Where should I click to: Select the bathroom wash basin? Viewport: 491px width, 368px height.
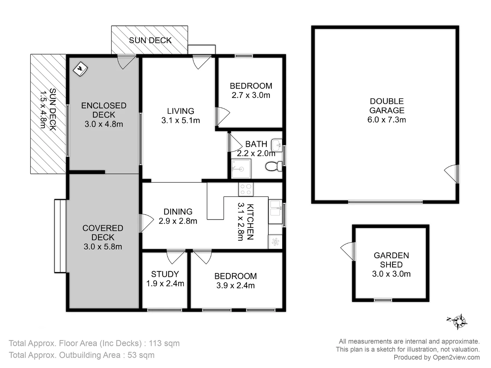(x=277, y=145)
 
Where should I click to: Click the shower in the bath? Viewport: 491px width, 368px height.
(x=241, y=169)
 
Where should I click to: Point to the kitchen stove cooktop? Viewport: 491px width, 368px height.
(x=246, y=189)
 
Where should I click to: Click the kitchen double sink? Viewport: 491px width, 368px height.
(x=275, y=209)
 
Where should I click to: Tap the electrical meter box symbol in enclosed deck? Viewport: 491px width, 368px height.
(x=80, y=69)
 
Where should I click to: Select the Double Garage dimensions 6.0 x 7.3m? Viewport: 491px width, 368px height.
(x=387, y=120)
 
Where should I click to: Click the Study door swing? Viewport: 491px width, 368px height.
(x=175, y=256)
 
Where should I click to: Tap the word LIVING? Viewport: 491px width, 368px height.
(x=180, y=111)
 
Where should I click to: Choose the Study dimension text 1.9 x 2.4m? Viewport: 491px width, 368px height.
(x=165, y=283)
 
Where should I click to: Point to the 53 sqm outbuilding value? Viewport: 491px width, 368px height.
(x=141, y=355)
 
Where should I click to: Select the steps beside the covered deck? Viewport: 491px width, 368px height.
(x=60, y=236)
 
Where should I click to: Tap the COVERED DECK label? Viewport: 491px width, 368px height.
(x=103, y=233)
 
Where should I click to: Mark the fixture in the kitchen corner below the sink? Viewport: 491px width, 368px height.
(x=275, y=242)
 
